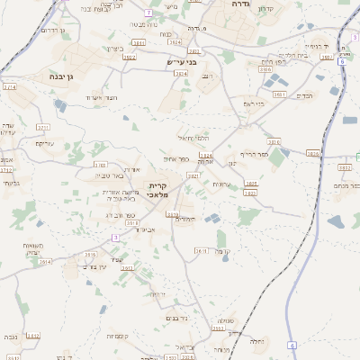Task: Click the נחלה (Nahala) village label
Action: tap(256, 341)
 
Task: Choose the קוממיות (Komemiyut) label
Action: tap(117, 336)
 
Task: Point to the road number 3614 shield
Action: tap(46, 261)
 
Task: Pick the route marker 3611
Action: tap(202, 251)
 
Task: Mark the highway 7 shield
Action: tap(148, 13)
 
